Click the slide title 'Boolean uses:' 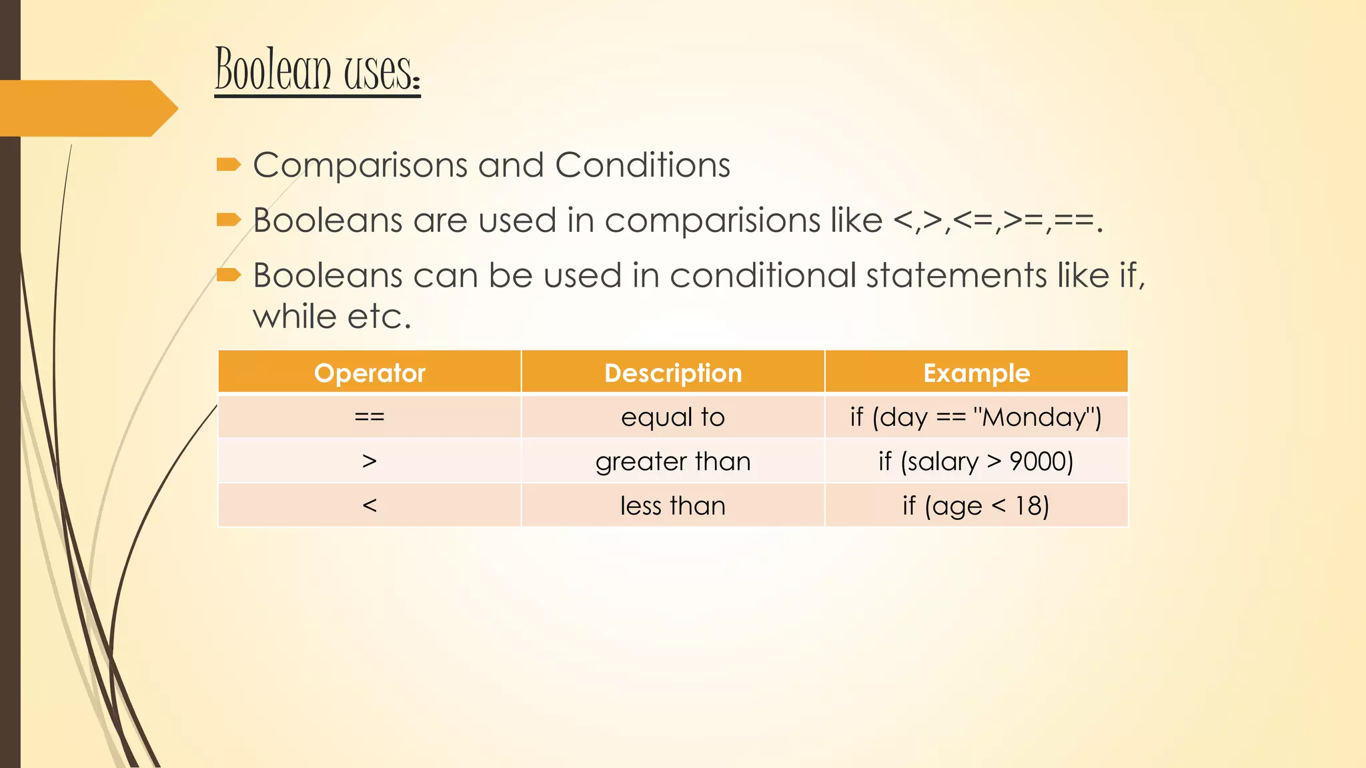click(x=317, y=70)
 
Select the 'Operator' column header click(x=370, y=373)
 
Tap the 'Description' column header click(x=673, y=373)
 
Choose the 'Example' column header click(x=976, y=373)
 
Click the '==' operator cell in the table click(x=370, y=417)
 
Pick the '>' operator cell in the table click(x=370, y=461)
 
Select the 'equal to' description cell click(x=673, y=417)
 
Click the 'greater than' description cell click(x=673, y=461)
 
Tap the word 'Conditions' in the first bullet click(x=642, y=165)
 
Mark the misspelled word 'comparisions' click(x=712, y=221)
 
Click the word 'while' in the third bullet click(x=294, y=317)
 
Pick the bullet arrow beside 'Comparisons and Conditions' click(x=228, y=165)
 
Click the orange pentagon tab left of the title click(x=87, y=108)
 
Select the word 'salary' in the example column click(x=939, y=461)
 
